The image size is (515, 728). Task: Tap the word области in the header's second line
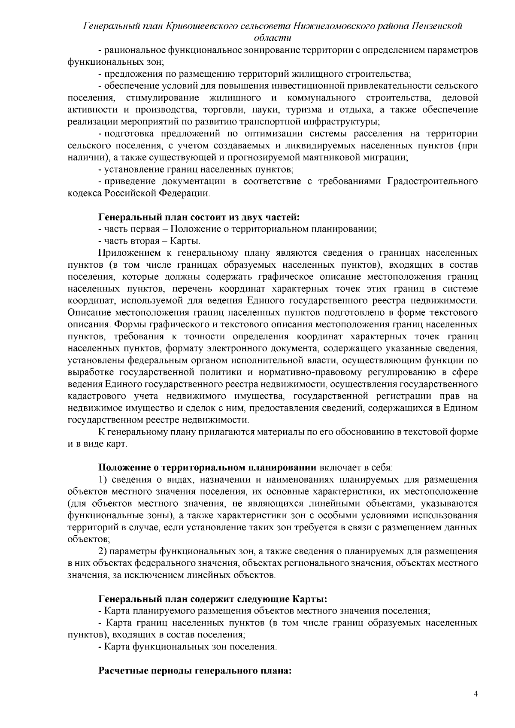pos(273,38)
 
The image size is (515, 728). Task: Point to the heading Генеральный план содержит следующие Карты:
pos(214,598)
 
